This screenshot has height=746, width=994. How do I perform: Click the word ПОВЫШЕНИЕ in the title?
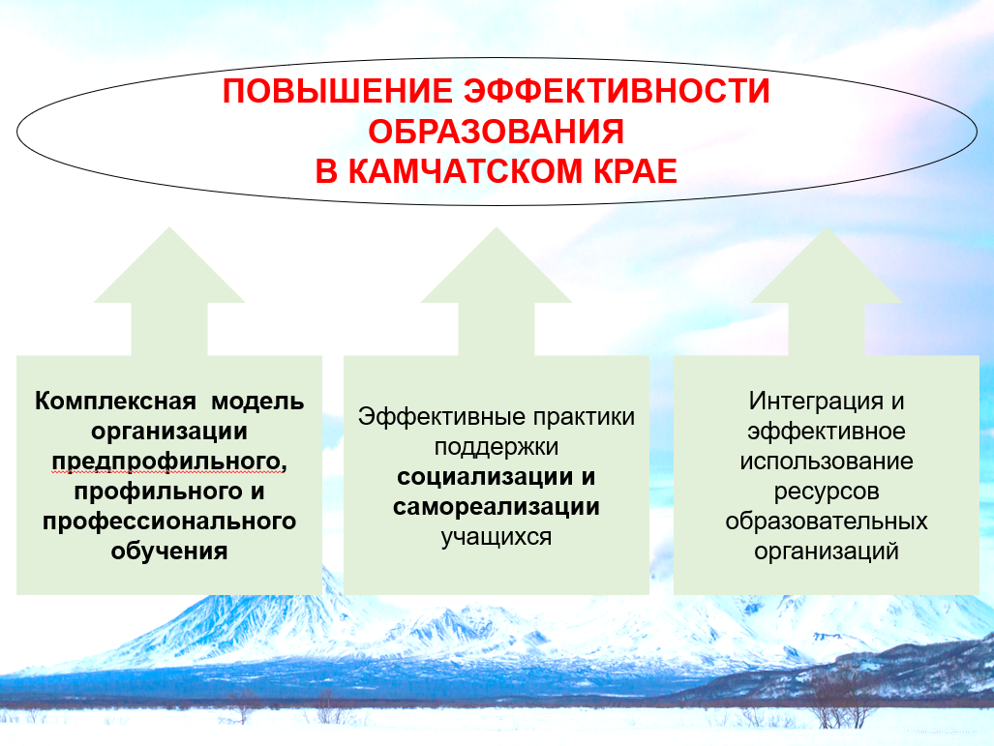point(337,91)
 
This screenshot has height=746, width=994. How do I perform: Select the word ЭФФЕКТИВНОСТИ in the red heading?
point(617,91)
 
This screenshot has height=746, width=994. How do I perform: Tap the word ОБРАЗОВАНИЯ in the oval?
point(497,132)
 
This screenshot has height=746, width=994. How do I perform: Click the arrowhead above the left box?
point(169,266)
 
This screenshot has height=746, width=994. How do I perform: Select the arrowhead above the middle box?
point(497,266)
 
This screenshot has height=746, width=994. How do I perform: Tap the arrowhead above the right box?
point(826,266)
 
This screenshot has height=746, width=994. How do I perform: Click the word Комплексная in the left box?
point(115,402)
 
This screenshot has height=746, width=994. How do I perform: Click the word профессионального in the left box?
point(169,522)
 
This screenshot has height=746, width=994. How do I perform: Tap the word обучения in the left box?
point(169,551)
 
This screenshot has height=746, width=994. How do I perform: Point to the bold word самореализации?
point(497,507)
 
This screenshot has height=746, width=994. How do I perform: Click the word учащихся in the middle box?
point(497,537)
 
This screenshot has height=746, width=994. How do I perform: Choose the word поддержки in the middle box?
point(497,447)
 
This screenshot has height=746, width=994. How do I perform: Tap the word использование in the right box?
point(826,461)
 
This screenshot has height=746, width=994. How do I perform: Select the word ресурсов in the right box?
point(826,492)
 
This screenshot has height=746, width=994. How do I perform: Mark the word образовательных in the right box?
point(826,521)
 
